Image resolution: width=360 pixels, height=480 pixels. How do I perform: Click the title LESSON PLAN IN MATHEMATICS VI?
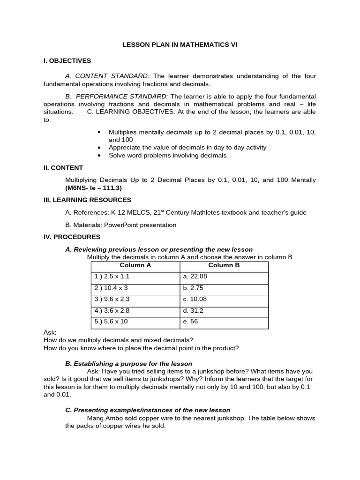pos(180,45)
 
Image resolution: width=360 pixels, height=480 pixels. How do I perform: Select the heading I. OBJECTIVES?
pos(67,60)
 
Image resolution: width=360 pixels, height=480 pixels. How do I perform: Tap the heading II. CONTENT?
pos(63,167)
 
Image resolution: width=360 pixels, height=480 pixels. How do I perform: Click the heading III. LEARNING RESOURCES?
pos(87,200)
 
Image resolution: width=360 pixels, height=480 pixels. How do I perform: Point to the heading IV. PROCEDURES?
pos(72,237)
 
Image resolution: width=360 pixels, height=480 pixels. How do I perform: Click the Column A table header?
pos(135,265)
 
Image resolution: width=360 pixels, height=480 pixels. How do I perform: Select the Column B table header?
pos(224,265)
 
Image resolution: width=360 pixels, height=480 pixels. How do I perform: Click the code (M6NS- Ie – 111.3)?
pos(93,187)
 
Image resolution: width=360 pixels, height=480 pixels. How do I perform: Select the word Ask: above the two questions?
pos(50,332)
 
